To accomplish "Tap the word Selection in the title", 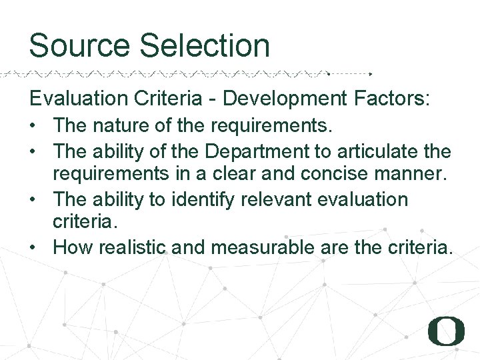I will [205, 46].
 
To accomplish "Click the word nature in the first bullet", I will [123, 125].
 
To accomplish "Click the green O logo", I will [446, 331].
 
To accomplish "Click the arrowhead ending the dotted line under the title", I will [371, 73].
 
